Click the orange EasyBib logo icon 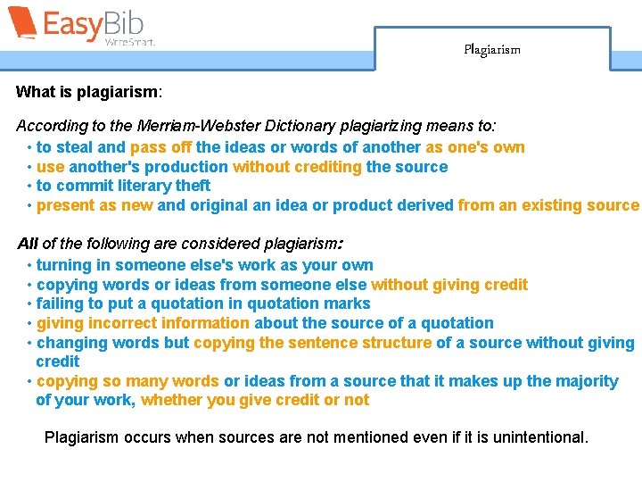click(21, 22)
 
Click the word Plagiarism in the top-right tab click(491, 50)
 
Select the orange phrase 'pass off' click(160, 147)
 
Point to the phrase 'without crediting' click(297, 167)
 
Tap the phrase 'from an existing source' click(548, 205)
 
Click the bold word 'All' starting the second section click(28, 244)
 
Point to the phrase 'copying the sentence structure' click(312, 343)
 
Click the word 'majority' click(584, 381)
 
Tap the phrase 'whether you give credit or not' click(255, 400)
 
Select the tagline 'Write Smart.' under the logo click(129, 42)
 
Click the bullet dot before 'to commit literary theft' click(30, 186)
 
